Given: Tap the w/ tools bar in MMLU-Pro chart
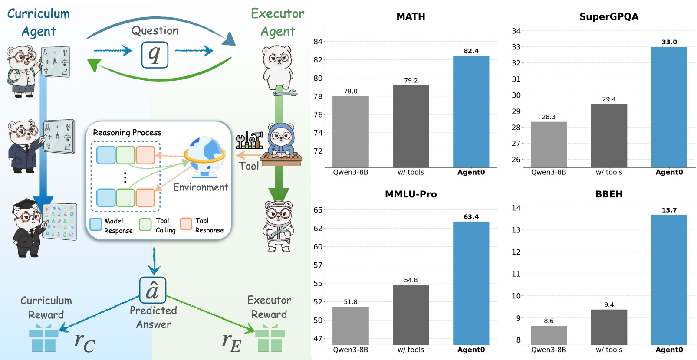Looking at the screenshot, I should (x=411, y=314).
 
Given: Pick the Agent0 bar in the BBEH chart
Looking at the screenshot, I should (x=669, y=280).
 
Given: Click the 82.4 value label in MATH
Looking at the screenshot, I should (x=471, y=51).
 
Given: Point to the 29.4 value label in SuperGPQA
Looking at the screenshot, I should (x=609, y=99).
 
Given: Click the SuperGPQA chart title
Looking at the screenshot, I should (x=609, y=17).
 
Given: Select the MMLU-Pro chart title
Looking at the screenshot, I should (x=411, y=194).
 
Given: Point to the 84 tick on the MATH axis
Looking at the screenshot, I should (x=318, y=42).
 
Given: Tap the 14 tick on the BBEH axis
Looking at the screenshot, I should (x=516, y=208).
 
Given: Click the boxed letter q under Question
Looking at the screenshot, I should (x=155, y=55).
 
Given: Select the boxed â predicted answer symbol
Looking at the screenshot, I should (x=153, y=290).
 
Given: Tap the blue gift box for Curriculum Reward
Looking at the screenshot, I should (x=43, y=339).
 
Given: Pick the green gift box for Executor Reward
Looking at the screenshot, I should (x=270, y=339).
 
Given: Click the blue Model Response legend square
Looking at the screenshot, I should (x=96, y=224).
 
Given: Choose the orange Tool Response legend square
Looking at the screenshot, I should (x=186, y=224).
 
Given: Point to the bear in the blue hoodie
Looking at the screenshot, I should (x=281, y=139).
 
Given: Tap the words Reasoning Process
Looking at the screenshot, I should (x=127, y=133).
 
